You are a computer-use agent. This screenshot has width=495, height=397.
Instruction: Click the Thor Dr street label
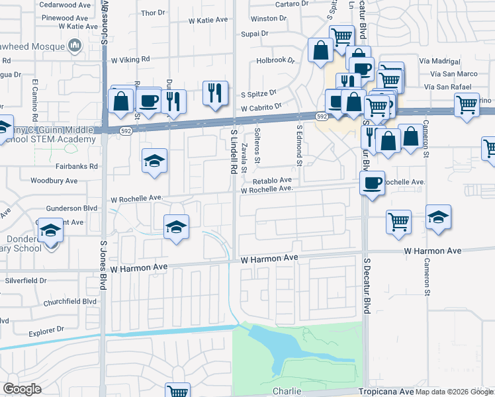pos(153,13)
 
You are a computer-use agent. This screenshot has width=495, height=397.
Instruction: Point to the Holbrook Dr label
pos(275,61)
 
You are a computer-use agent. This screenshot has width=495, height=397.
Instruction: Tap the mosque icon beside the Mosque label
pos(75,46)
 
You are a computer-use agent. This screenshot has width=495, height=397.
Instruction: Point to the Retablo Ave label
pos(272,180)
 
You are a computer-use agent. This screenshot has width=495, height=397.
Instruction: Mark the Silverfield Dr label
pos(26,281)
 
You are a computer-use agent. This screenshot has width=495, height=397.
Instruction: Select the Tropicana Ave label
pos(388,391)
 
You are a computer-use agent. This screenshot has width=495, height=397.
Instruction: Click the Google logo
pos(22,389)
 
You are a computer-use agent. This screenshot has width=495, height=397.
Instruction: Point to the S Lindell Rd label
pos(234,152)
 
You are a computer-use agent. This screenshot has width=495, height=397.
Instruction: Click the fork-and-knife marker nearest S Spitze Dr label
pos(215,93)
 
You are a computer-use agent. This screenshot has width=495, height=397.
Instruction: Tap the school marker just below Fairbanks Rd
pos(155,161)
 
